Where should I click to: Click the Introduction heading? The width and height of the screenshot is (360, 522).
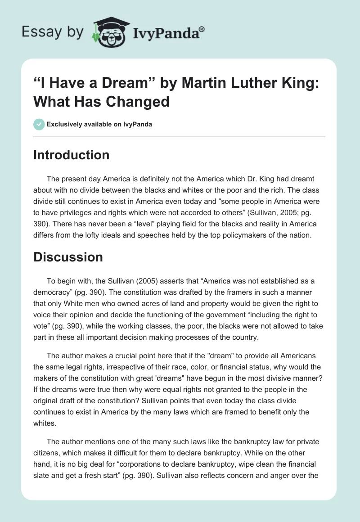(71, 155)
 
